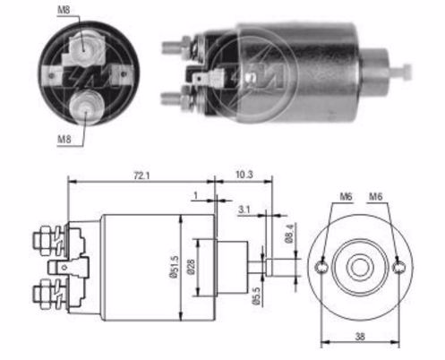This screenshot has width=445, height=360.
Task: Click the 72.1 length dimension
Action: (x=141, y=176)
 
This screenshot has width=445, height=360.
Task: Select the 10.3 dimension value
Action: (x=244, y=175)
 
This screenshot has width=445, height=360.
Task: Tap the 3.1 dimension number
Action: (x=244, y=210)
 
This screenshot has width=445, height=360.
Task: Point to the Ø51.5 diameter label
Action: (x=175, y=267)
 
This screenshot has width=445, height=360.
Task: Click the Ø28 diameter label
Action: (x=191, y=267)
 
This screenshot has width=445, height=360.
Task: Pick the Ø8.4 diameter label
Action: (x=290, y=234)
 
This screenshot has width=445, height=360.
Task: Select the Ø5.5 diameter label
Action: (x=256, y=296)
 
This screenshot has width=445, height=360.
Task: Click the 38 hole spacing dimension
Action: (x=360, y=337)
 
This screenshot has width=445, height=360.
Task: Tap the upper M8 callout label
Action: (x=64, y=10)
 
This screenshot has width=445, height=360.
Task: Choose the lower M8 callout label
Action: (x=64, y=139)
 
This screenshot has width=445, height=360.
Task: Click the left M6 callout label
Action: (x=347, y=196)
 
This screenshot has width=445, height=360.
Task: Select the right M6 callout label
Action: (x=375, y=196)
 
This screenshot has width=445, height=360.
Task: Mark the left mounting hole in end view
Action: (x=321, y=267)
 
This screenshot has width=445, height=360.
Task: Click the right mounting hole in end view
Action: (x=398, y=267)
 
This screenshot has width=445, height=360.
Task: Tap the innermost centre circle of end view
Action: (x=360, y=267)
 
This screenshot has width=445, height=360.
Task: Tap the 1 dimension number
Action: (x=196, y=195)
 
